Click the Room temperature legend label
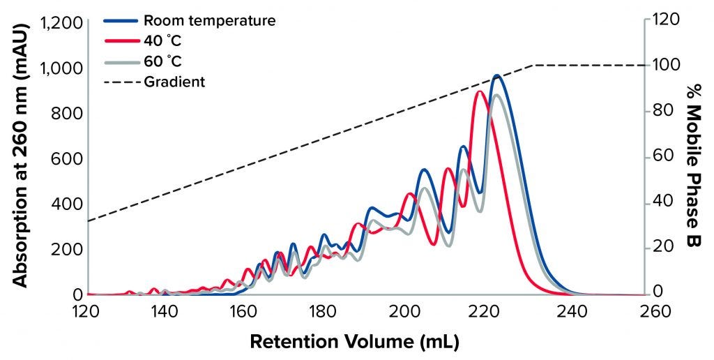[x=209, y=21]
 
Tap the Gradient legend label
[x=174, y=82]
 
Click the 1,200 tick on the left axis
[x=62, y=23]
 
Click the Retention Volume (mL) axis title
[x=356, y=342]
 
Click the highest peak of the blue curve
[x=496, y=75]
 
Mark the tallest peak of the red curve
[x=479, y=91]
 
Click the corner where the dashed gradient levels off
[x=533, y=66]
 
